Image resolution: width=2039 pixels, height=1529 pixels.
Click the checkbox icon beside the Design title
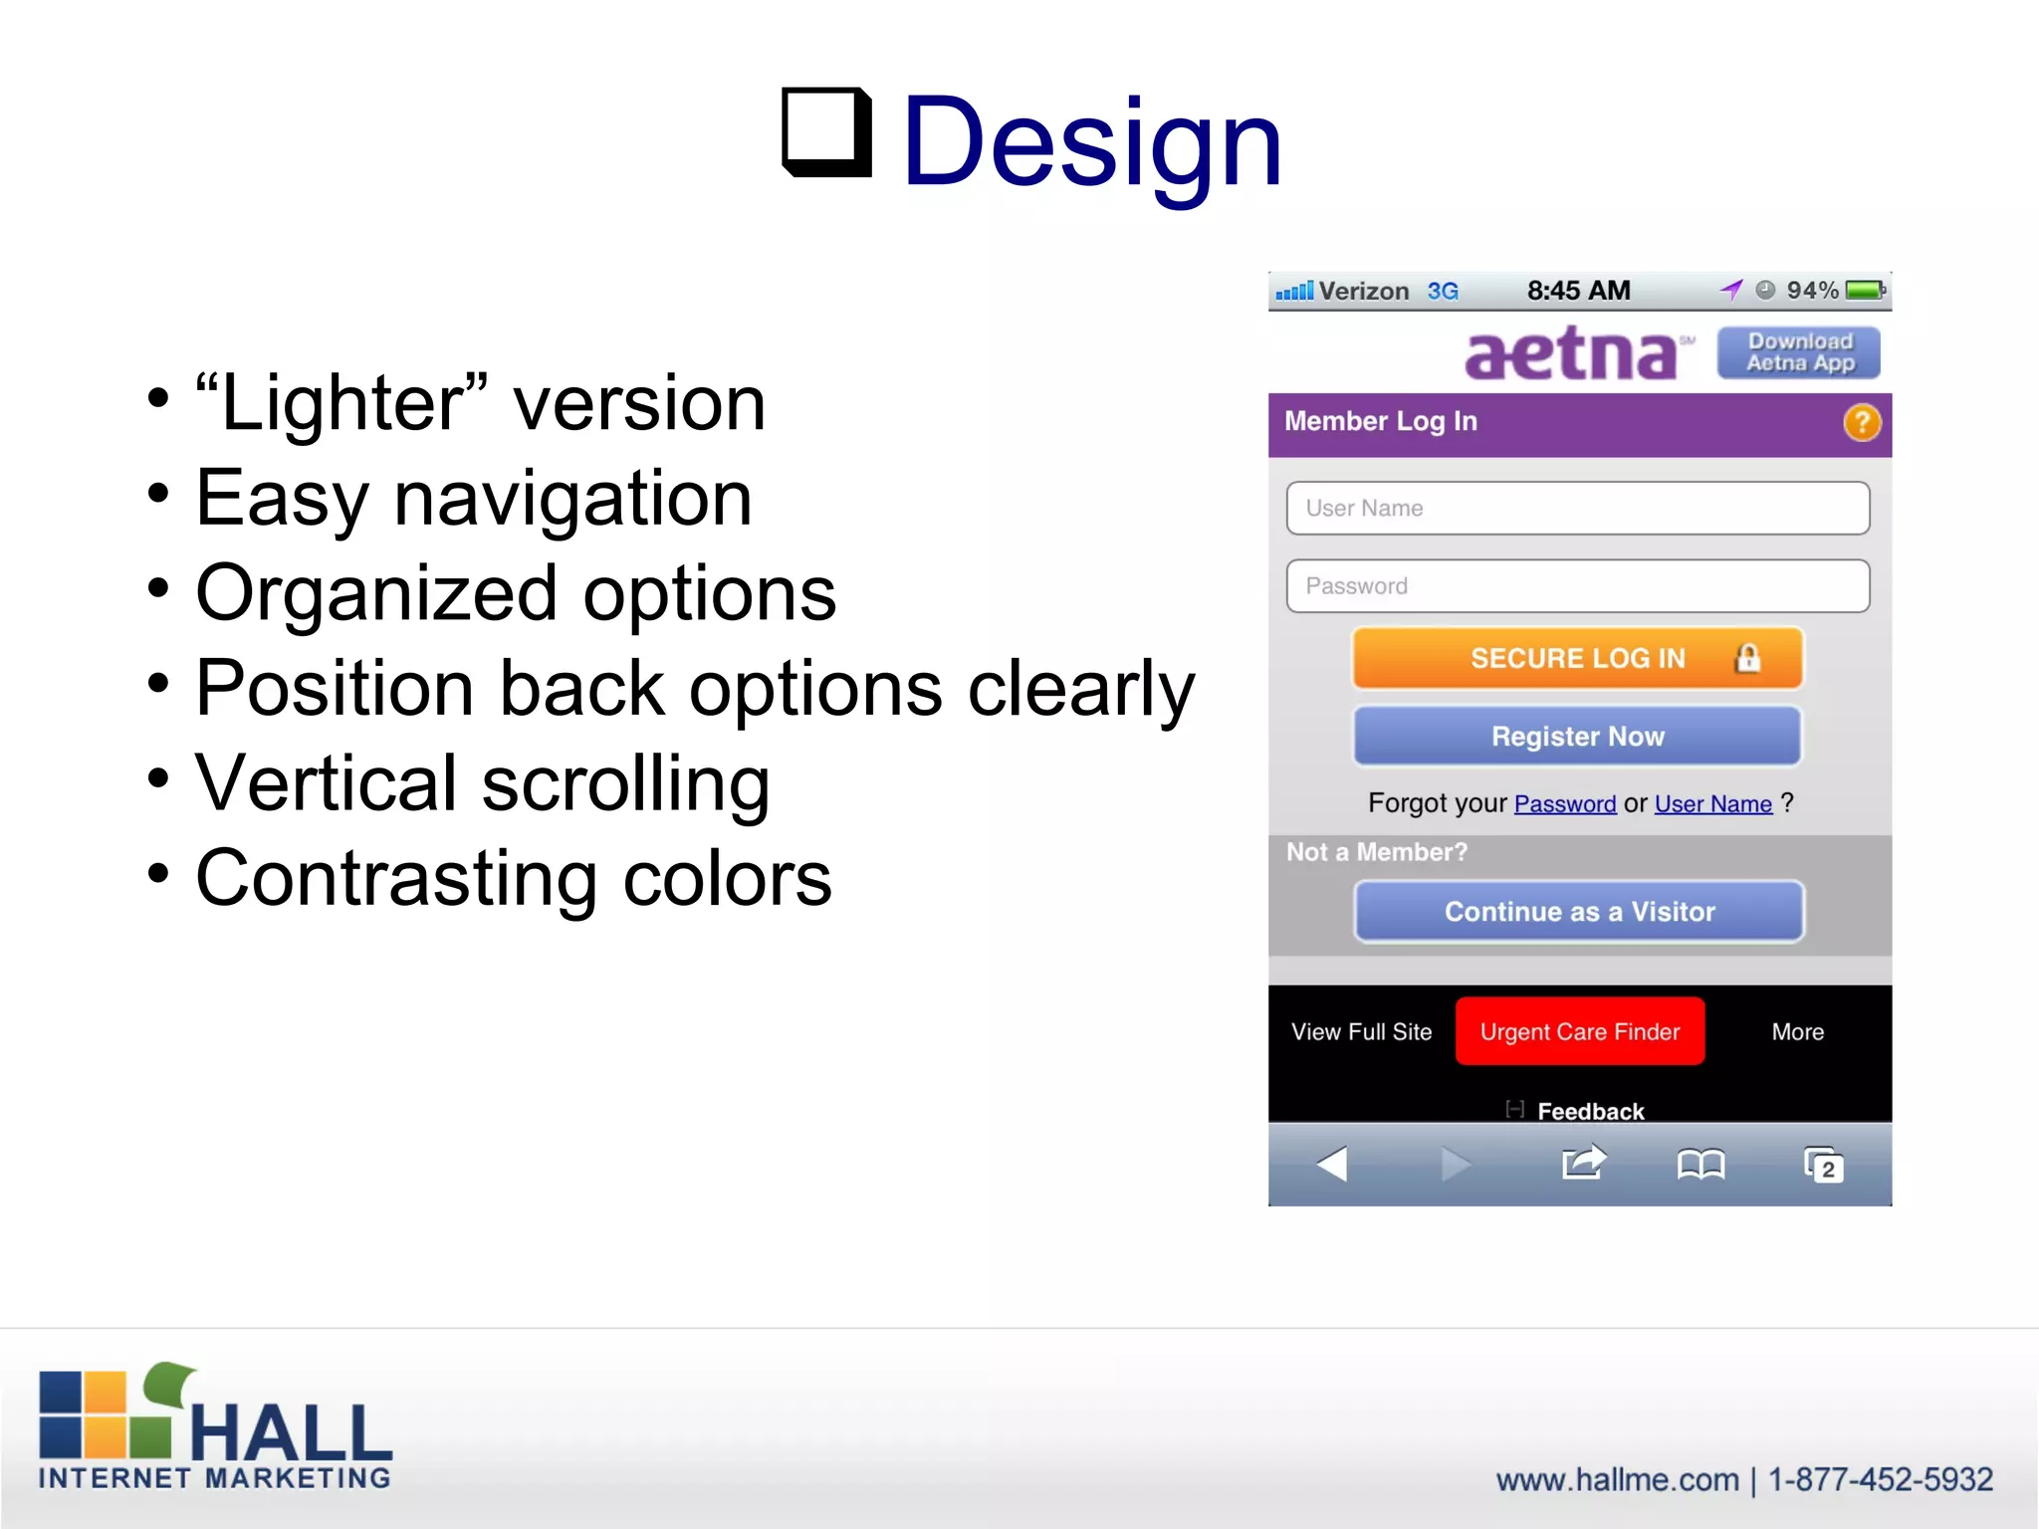pos(825,131)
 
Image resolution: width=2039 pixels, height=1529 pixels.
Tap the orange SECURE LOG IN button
pos(1577,658)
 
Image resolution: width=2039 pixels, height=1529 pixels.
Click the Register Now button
pos(1577,737)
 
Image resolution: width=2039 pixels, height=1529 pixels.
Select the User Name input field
pos(1577,509)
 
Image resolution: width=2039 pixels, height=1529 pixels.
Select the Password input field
pos(1577,586)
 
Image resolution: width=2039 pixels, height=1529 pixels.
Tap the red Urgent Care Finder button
pos(1579,1031)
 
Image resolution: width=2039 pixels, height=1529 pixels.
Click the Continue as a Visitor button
pos(1579,912)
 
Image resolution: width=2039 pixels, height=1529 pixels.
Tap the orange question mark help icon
pos(1861,423)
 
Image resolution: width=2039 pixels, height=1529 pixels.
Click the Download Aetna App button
pos(1799,352)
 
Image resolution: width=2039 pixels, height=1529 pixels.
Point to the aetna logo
pos(1573,354)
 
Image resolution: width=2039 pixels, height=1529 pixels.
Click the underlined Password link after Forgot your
pos(1564,804)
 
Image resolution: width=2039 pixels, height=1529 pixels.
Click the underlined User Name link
pos(1712,804)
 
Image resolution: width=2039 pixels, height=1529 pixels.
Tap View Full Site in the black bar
pos(1361,1032)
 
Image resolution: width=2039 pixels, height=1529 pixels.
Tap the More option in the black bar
pos(1797,1032)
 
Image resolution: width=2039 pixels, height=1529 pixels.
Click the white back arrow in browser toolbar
pos(1332,1164)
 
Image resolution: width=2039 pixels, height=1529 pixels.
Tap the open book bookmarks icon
pos(1700,1164)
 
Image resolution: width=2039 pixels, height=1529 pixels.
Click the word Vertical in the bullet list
pos(326,783)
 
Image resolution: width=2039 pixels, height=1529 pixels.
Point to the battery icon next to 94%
pos(1865,291)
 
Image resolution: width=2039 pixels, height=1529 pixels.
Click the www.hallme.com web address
pos(1617,1480)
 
